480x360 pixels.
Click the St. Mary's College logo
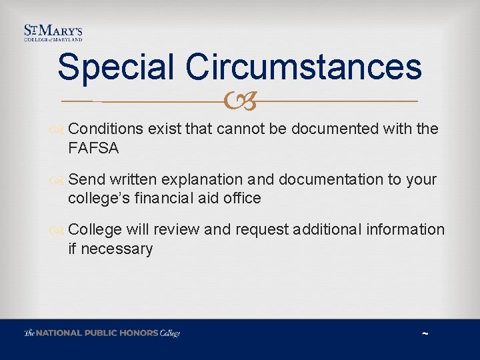point(53,33)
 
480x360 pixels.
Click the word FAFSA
point(93,148)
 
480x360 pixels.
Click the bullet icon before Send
point(60,180)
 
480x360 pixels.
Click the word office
point(241,198)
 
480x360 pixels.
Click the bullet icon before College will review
point(60,230)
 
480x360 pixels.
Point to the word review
point(177,229)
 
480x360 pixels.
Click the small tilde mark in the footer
point(425,333)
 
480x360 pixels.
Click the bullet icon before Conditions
point(60,129)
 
